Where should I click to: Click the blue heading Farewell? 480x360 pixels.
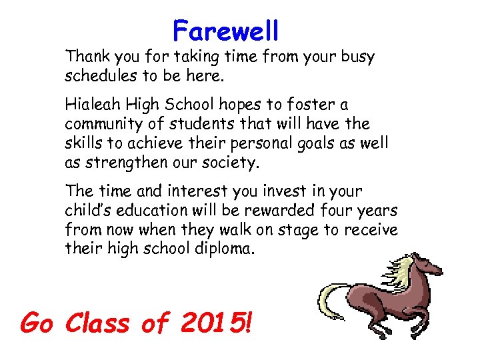pyautogui.click(x=225, y=30)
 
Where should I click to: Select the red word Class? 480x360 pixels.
pyautogui.click(x=99, y=323)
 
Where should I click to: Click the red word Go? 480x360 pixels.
pyautogui.click(x=38, y=323)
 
